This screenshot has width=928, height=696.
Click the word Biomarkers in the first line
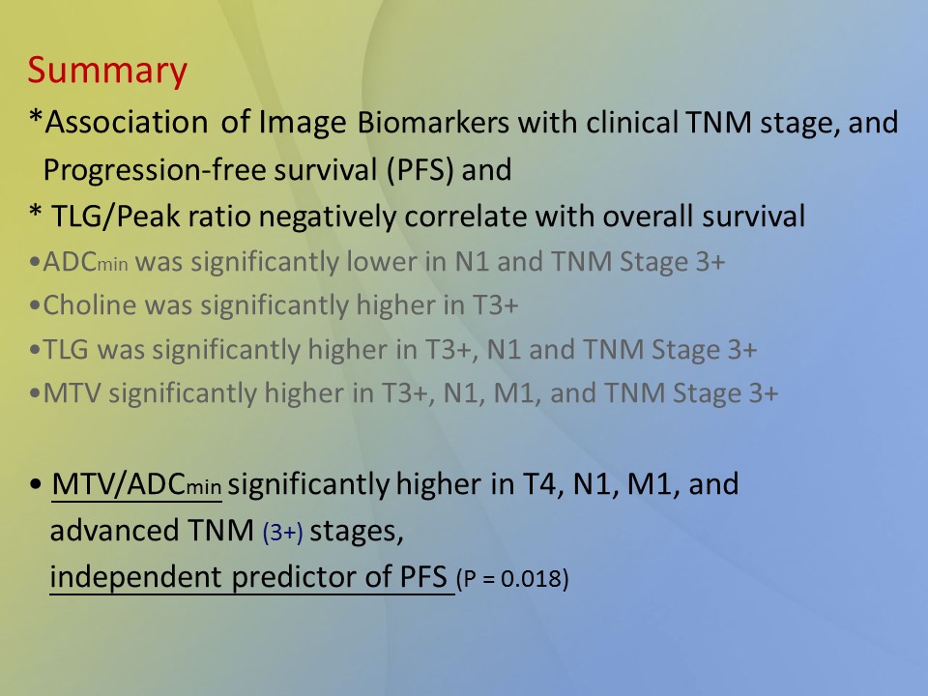(x=433, y=123)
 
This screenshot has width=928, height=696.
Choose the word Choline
(x=90, y=305)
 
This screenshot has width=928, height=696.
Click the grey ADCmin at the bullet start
(x=86, y=262)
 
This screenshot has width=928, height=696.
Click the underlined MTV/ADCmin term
(x=136, y=484)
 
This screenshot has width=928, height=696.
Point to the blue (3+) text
(x=283, y=532)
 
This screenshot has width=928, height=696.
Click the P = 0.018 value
(x=512, y=578)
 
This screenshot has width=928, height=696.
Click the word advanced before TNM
(x=114, y=531)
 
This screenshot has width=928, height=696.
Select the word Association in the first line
(x=127, y=123)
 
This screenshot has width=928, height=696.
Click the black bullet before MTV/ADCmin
(x=36, y=484)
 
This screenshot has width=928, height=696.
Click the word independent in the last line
(x=135, y=577)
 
